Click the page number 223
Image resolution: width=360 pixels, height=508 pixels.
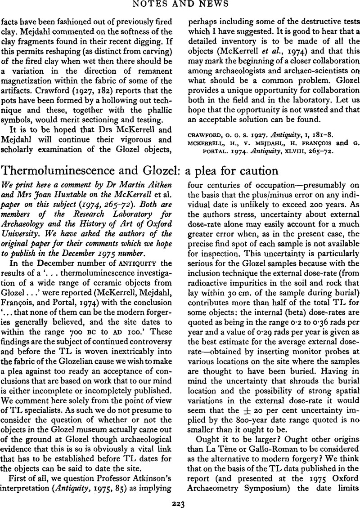(x=180, y=501)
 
